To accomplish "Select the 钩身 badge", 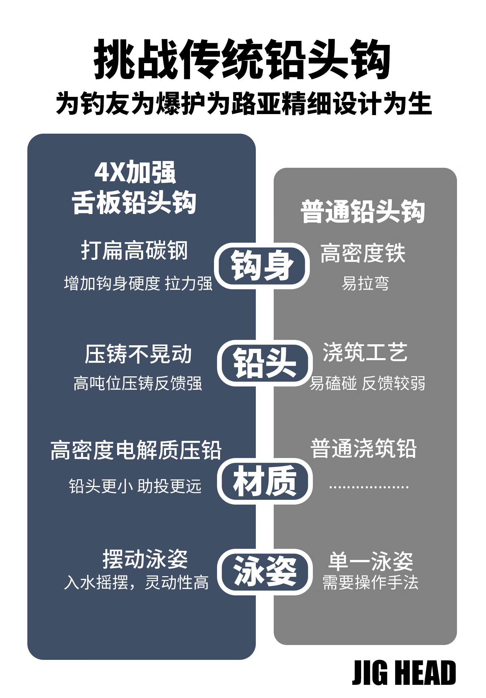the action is [262, 266].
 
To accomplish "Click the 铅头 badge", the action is [264, 363].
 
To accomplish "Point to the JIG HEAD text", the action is [404, 673].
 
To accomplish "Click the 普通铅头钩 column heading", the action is [363, 212].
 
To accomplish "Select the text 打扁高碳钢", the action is [134, 250].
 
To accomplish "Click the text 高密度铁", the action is [363, 253].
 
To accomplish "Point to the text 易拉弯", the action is [365, 283].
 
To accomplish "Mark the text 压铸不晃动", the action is [138, 354].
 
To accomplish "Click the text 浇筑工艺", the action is [365, 352].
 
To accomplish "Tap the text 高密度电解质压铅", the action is [136, 450].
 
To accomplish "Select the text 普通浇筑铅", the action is [363, 449].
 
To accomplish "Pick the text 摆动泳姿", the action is [145, 559].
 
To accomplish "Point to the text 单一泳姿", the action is [371, 561].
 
